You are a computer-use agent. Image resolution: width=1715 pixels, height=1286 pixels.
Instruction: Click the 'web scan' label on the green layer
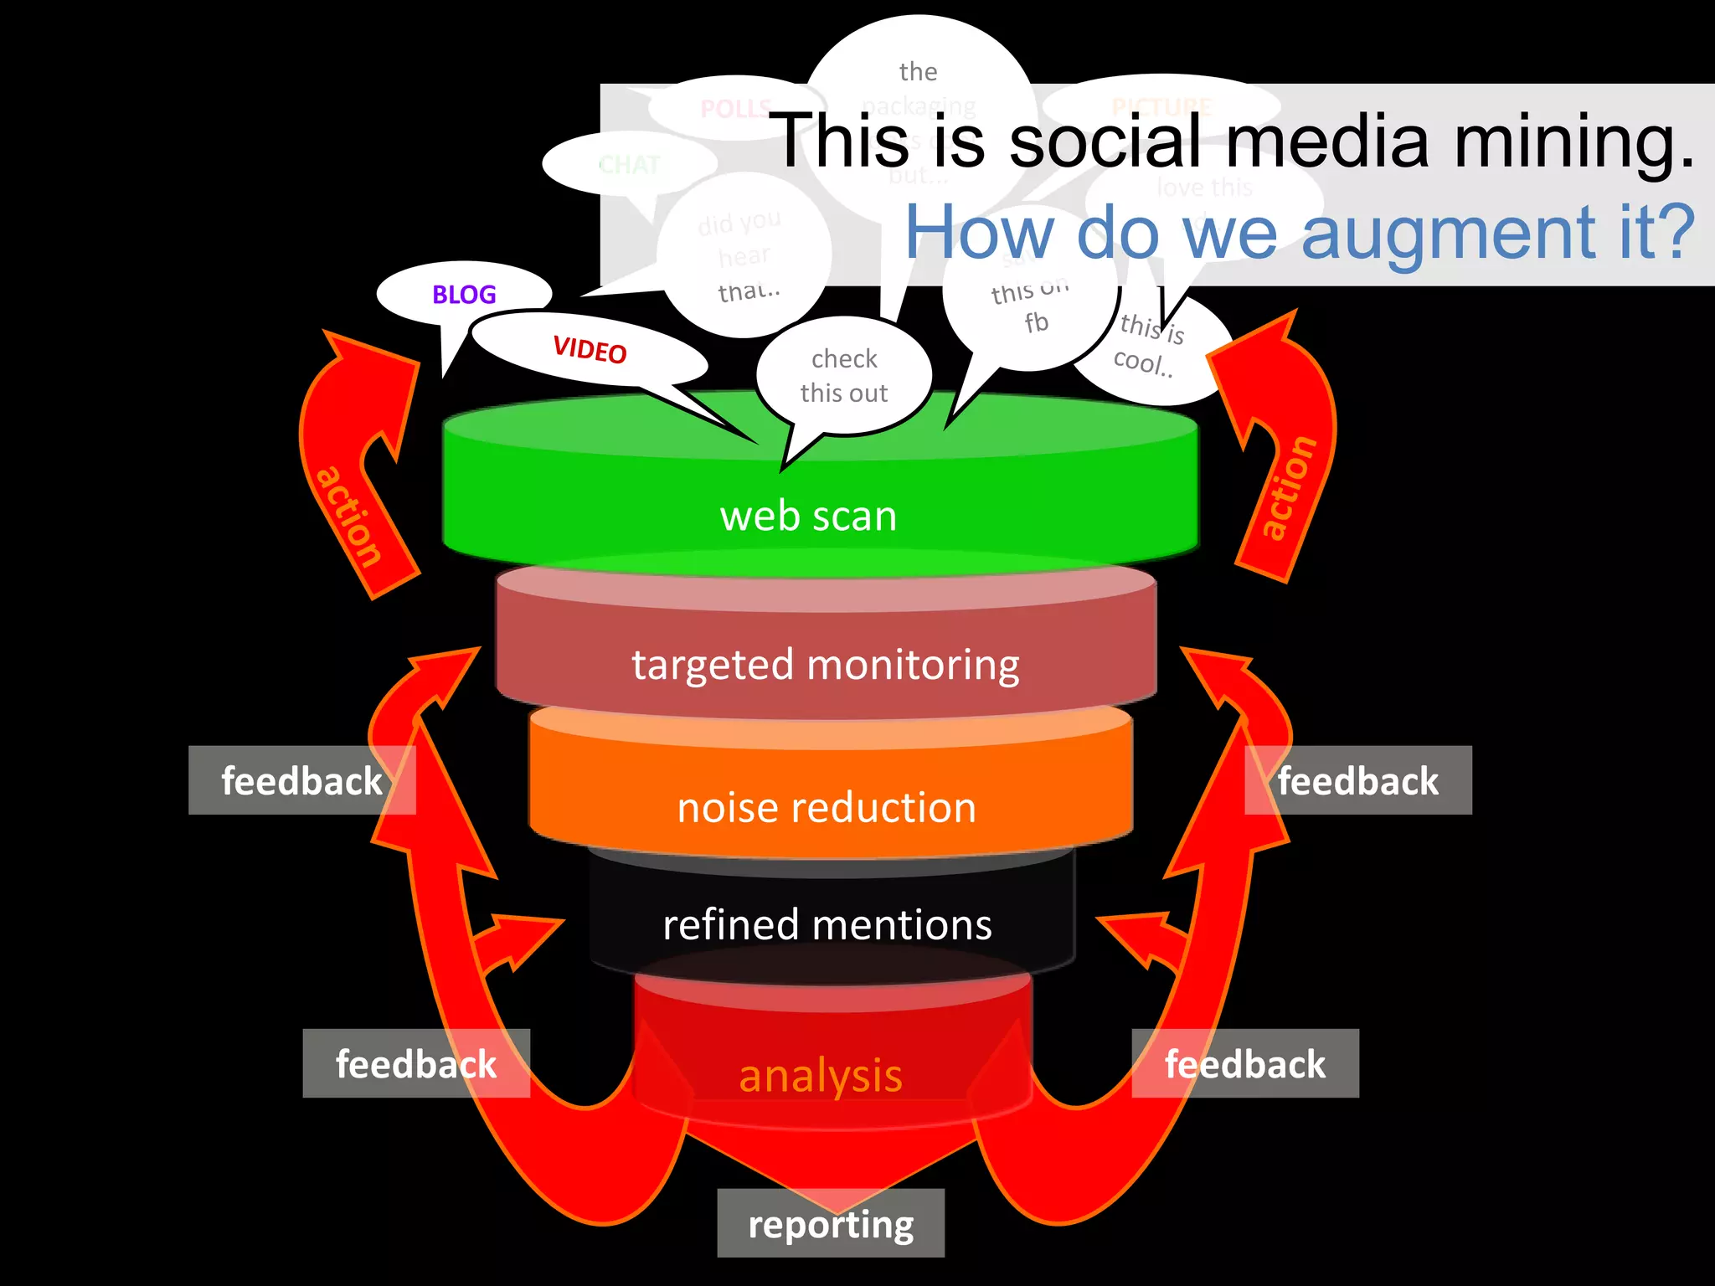[808, 516]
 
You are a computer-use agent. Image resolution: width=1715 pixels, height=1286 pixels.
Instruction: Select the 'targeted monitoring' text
[826, 665]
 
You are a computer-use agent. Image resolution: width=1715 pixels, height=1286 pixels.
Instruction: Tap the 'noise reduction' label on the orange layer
[827, 808]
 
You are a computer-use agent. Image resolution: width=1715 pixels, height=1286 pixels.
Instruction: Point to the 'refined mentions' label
[827, 925]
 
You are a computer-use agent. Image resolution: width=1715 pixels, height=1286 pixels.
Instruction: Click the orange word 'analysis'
[821, 1076]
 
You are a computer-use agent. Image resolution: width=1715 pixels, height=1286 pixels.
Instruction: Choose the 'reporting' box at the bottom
[831, 1223]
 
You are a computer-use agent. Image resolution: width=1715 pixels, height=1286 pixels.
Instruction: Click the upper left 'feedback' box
[301, 780]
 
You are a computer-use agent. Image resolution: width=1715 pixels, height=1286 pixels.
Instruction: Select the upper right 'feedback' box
[1357, 780]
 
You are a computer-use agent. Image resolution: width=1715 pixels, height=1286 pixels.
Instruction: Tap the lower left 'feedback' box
[416, 1063]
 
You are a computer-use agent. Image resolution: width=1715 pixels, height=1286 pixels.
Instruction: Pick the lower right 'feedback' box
[1245, 1063]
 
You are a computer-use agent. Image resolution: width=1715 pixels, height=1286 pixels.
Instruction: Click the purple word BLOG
[464, 295]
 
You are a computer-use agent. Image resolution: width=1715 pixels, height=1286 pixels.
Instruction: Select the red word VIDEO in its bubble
[590, 349]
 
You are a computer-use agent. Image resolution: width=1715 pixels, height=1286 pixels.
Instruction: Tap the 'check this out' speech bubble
[844, 376]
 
